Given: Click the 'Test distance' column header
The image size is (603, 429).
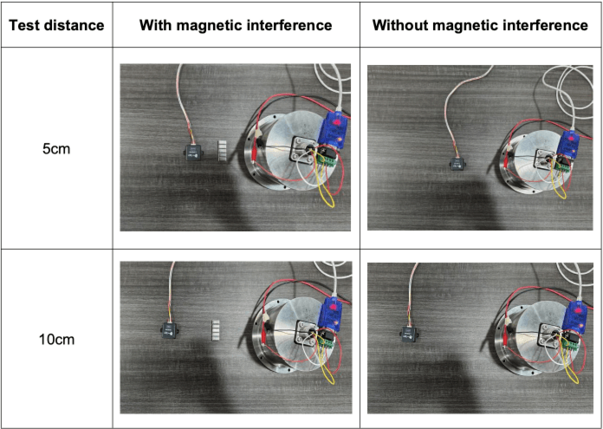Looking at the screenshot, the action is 56,25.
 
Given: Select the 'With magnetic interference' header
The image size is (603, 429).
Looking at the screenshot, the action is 236,25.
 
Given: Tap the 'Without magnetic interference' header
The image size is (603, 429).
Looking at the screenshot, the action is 480,25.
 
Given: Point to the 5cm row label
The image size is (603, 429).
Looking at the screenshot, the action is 56,148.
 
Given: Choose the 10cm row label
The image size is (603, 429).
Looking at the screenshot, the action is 56,340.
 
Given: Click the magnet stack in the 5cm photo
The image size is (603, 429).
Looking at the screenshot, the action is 223,151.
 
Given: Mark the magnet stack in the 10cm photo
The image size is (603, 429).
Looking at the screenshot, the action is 216,330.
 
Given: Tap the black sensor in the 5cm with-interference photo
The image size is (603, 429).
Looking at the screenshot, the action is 194,153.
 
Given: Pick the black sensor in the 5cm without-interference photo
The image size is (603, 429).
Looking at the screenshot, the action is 457,164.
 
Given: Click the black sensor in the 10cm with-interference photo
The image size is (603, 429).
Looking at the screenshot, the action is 169,330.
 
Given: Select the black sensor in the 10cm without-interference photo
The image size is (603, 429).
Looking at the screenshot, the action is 410,334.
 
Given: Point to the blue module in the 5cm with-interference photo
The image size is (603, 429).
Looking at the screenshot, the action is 334,130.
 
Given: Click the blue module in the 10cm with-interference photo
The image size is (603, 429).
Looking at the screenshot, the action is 330,313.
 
